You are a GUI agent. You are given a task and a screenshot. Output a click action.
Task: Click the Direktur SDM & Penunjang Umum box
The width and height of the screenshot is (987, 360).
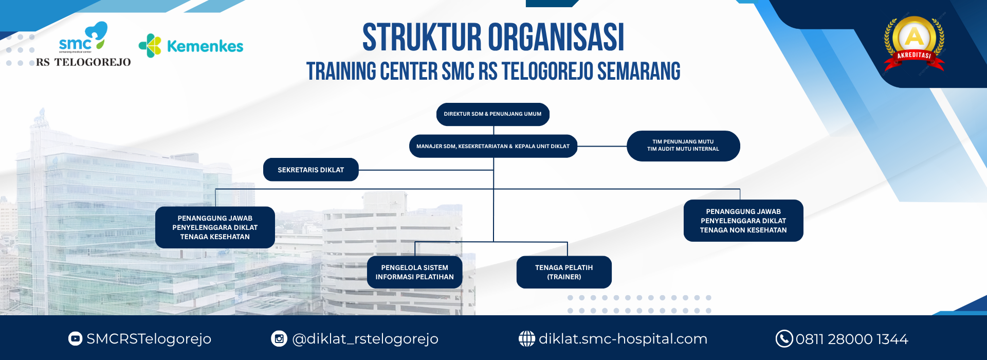492,114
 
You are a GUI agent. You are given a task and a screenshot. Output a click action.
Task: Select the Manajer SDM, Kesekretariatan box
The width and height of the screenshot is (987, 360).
493,146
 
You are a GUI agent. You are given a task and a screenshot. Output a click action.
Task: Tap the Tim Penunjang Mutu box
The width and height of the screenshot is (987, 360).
683,146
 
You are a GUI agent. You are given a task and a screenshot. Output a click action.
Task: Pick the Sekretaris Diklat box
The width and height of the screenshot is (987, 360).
310,170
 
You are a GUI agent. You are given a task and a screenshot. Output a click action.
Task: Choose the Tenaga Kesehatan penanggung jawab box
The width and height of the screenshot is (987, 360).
215,227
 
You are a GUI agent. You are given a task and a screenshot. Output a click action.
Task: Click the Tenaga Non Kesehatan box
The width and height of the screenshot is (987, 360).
743,221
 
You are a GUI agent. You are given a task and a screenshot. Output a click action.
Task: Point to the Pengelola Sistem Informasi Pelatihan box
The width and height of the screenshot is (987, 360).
414,272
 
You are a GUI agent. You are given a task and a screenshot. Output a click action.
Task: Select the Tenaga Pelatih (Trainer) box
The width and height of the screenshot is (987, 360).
564,272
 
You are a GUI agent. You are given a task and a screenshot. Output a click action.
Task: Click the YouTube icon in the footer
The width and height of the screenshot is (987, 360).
75,338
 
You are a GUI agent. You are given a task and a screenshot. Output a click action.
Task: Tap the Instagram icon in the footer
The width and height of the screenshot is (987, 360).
279,338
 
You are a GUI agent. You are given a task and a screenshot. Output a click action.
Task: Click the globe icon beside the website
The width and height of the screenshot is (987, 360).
526,338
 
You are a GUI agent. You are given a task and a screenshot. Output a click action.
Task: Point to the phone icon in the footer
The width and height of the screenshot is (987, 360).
784,338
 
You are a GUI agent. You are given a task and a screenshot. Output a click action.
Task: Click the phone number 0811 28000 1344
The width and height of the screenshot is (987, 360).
852,339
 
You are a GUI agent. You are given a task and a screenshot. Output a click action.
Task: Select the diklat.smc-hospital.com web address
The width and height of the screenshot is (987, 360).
623,339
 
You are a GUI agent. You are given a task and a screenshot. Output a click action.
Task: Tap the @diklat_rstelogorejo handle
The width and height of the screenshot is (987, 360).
365,339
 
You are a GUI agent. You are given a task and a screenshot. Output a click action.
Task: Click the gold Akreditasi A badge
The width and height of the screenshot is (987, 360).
914,44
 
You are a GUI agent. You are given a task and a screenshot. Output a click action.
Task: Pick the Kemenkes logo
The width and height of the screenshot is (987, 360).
191,46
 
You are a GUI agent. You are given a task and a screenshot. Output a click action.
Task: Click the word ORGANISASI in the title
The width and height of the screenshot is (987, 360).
556,38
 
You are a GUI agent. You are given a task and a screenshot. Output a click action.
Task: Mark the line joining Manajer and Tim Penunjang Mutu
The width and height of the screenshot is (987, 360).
602,147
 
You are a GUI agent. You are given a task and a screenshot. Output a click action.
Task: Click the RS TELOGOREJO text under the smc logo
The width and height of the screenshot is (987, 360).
83,62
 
